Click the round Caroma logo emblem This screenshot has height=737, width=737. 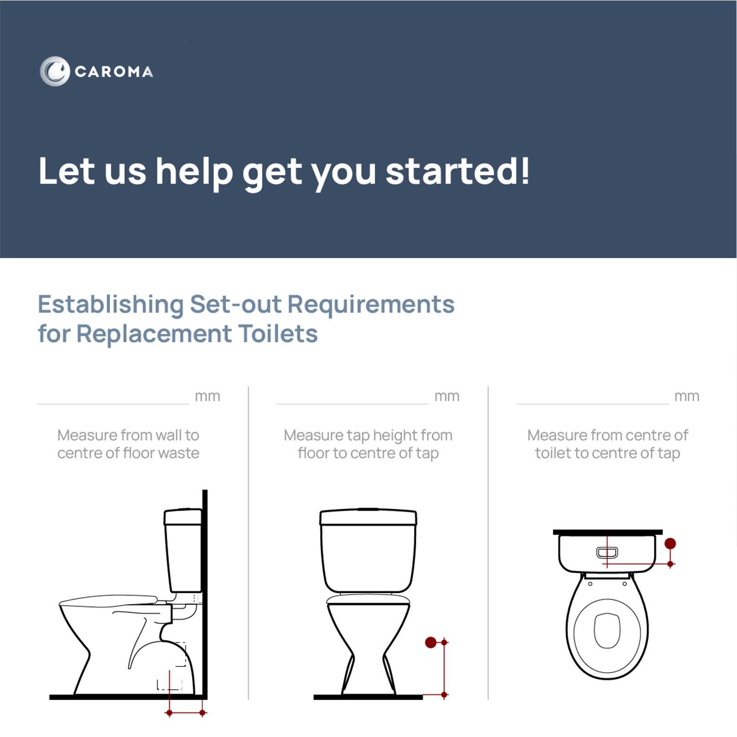click(54, 71)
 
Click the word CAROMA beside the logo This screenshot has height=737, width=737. click(114, 72)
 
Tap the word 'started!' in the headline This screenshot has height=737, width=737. click(457, 171)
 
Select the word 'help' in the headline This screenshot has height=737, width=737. click(194, 172)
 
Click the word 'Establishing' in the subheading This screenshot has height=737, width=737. click(111, 304)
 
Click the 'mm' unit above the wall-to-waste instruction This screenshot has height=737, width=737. click(207, 397)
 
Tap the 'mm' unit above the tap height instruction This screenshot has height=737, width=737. click(447, 397)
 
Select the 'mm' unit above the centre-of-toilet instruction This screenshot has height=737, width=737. click(686, 397)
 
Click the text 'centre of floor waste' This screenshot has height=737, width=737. click(128, 453)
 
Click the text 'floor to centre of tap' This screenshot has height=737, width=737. click(368, 453)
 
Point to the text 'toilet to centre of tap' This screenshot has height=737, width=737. click(607, 453)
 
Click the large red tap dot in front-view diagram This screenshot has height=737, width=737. click(431, 642)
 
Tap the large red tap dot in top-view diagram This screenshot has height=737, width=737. click(670, 544)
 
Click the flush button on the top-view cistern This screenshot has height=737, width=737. click(607, 552)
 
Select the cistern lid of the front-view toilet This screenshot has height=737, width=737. click(368, 517)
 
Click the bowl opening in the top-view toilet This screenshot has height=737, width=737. click(607, 630)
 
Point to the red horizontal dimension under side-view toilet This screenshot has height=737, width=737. click(186, 713)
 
